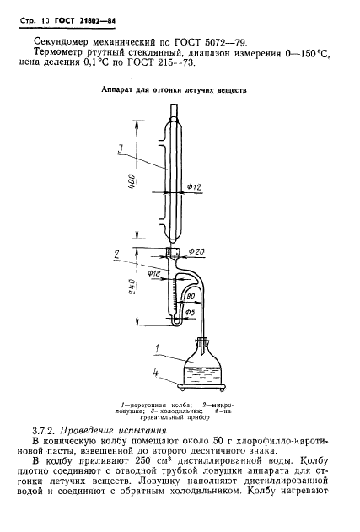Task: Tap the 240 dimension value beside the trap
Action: point(132,287)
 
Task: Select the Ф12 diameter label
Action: point(195,186)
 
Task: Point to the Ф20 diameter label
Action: point(196,251)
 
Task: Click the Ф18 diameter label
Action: point(155,273)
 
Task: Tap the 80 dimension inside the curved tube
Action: point(191,297)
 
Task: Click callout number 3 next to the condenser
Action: point(120,148)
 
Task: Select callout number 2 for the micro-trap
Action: point(116,254)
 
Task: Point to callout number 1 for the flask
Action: point(157,349)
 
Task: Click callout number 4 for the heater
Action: point(155,373)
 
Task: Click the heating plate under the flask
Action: point(202,386)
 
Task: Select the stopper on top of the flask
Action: point(202,341)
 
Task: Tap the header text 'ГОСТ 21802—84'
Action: point(85,21)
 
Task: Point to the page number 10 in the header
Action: point(46,21)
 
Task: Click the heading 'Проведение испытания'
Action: point(113,431)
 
